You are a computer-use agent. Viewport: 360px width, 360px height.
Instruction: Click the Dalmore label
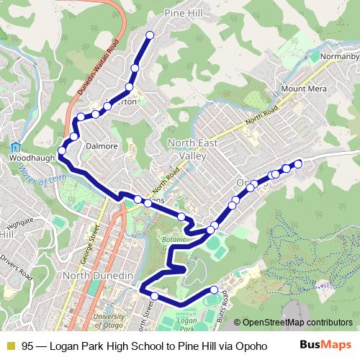pos(102,146)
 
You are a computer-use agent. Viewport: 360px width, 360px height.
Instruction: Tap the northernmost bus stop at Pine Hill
pos(150,35)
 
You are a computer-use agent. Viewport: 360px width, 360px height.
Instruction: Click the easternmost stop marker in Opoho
pos(298,164)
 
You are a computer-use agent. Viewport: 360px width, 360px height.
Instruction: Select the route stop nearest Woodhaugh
pos(62,150)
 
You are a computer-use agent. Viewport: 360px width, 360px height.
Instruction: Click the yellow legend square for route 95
pos(10,345)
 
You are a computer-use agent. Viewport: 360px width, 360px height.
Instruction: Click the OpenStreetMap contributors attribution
pos(297,323)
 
